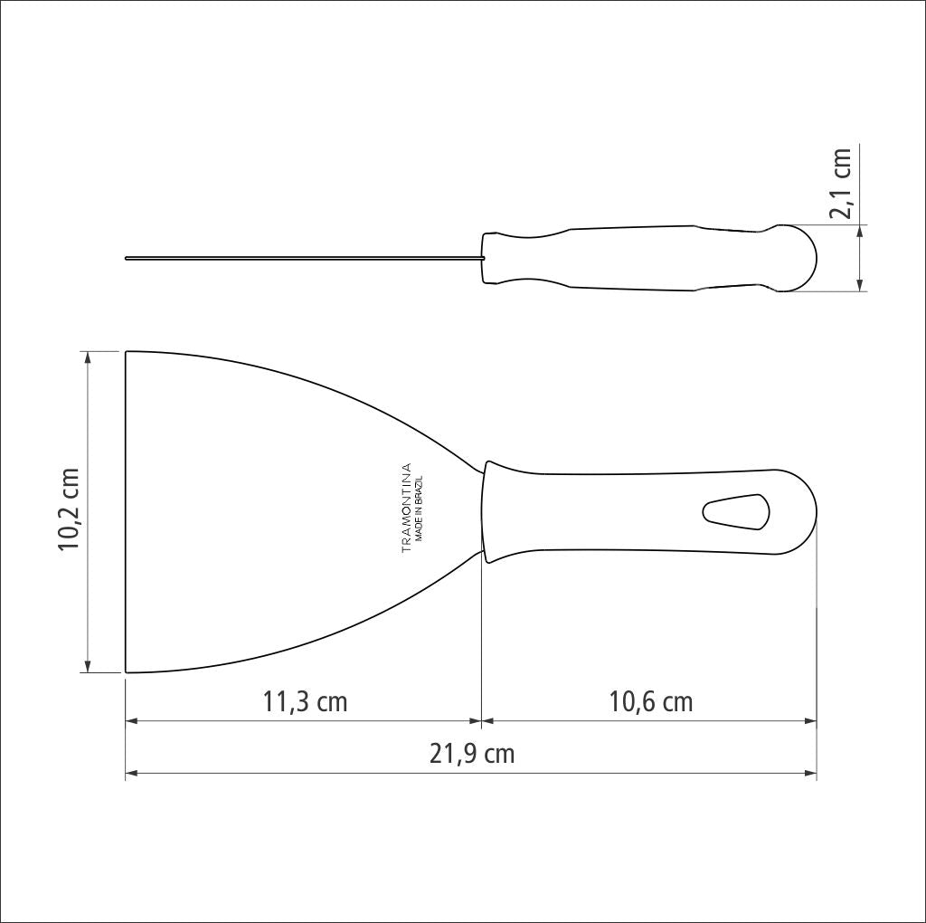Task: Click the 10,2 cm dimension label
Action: [71, 511]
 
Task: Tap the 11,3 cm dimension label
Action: [305, 701]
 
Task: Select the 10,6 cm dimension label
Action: [650, 701]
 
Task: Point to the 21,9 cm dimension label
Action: [471, 754]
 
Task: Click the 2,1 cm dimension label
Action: [842, 183]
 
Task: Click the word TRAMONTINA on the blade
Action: [406, 508]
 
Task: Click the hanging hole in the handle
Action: [735, 512]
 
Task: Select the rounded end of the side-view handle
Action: [801, 259]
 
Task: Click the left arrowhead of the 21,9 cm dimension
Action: [130, 774]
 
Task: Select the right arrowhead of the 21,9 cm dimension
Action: [811, 774]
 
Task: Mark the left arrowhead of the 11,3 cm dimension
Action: [130, 721]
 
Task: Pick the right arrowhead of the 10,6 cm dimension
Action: [811, 721]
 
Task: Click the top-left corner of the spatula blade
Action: [126, 352]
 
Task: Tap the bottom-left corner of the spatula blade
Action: [126, 672]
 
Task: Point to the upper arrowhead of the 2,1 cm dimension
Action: [860, 230]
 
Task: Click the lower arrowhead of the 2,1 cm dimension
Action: [860, 286]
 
